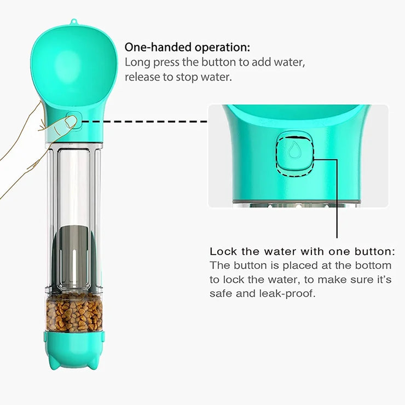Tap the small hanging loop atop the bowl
(74, 22)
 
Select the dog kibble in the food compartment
(74, 312)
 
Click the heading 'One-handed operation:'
(188, 48)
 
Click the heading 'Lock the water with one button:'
(302, 252)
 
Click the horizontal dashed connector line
(144, 121)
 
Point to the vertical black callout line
(337, 198)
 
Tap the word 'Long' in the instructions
(137, 63)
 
